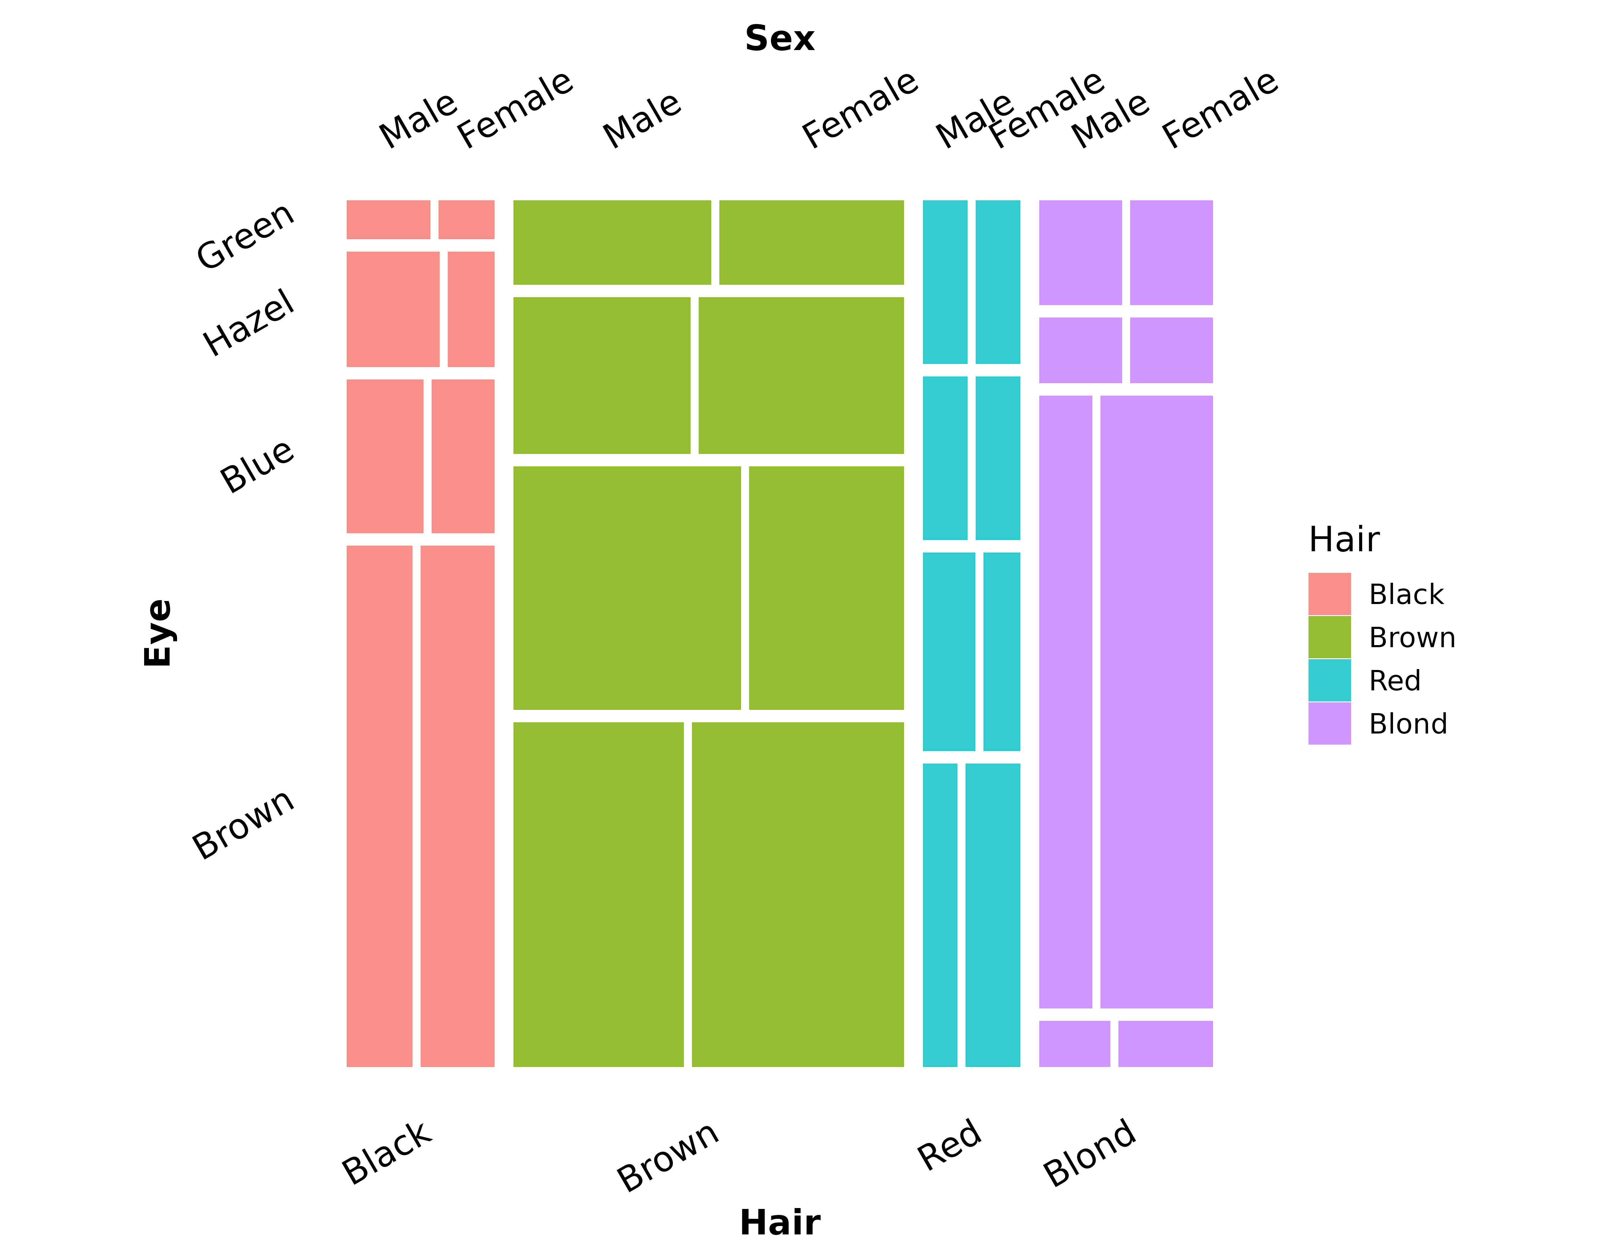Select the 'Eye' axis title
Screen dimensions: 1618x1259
[x=158, y=633]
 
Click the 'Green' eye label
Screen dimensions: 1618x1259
[x=245, y=235]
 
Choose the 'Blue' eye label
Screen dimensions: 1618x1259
[x=257, y=465]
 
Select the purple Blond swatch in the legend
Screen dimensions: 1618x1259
[x=1329, y=723]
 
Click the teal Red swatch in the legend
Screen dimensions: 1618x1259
[x=1329, y=680]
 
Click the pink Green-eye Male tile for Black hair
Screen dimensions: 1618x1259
[x=388, y=219]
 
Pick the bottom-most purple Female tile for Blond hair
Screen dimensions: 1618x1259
[x=1165, y=1044]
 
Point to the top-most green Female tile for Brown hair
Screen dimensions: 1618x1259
[x=811, y=242]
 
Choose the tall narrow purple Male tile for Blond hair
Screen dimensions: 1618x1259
[x=1065, y=702]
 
